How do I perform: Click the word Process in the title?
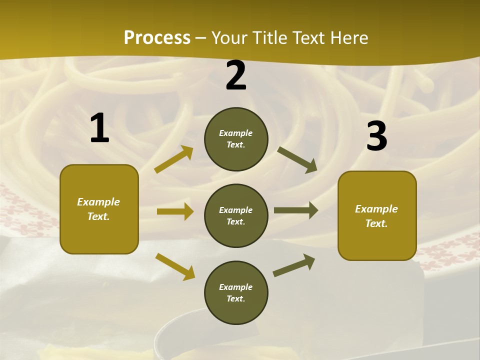(x=157, y=38)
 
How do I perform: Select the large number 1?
(x=99, y=128)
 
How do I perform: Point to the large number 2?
(x=236, y=75)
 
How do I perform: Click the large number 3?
(x=376, y=136)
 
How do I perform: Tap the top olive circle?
(x=236, y=139)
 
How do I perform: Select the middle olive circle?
(x=236, y=215)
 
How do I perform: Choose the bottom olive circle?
(x=236, y=292)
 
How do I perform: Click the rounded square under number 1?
(x=99, y=209)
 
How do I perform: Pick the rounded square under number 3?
(x=377, y=215)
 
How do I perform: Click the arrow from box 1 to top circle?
(x=174, y=159)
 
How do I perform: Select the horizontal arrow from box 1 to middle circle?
(x=175, y=211)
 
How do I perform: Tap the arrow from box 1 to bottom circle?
(x=175, y=266)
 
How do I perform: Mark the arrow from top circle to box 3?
(x=297, y=160)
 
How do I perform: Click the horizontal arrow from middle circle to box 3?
(x=296, y=210)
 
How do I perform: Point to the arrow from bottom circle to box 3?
(x=294, y=265)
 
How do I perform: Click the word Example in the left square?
(x=98, y=202)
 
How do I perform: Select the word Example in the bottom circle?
(x=235, y=287)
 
